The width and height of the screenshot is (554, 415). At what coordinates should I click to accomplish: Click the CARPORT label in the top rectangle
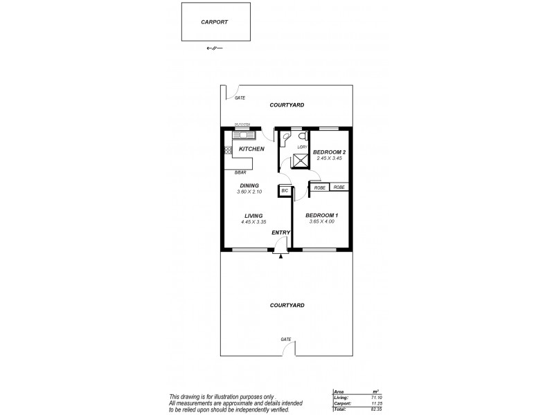tap(215, 21)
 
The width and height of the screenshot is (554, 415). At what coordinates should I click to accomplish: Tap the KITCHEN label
tap(251, 149)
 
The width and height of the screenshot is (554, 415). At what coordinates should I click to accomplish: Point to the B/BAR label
tap(240, 172)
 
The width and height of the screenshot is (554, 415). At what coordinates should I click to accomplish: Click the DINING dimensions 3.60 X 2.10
tap(249, 192)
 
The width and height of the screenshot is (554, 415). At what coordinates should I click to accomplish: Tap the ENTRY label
tap(280, 232)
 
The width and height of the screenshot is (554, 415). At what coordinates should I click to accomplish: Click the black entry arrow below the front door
tap(280, 257)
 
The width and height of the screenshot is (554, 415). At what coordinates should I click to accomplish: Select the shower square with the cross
tap(301, 161)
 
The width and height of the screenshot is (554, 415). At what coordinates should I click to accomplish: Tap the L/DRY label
tap(302, 147)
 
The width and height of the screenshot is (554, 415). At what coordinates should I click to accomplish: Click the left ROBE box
tap(319, 187)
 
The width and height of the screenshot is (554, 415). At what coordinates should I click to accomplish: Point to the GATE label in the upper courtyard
tap(240, 98)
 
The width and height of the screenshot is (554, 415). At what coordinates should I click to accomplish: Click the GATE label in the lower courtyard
tap(285, 339)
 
